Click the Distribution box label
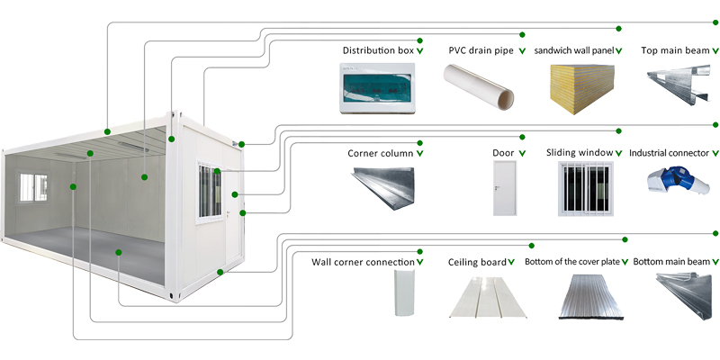pos(379,50)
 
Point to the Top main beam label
pos(673,50)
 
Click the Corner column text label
pos(381,153)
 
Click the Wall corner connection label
pos(363,262)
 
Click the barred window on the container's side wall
pos(209,192)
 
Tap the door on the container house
pos(232,238)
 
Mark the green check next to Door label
pos(523,153)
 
